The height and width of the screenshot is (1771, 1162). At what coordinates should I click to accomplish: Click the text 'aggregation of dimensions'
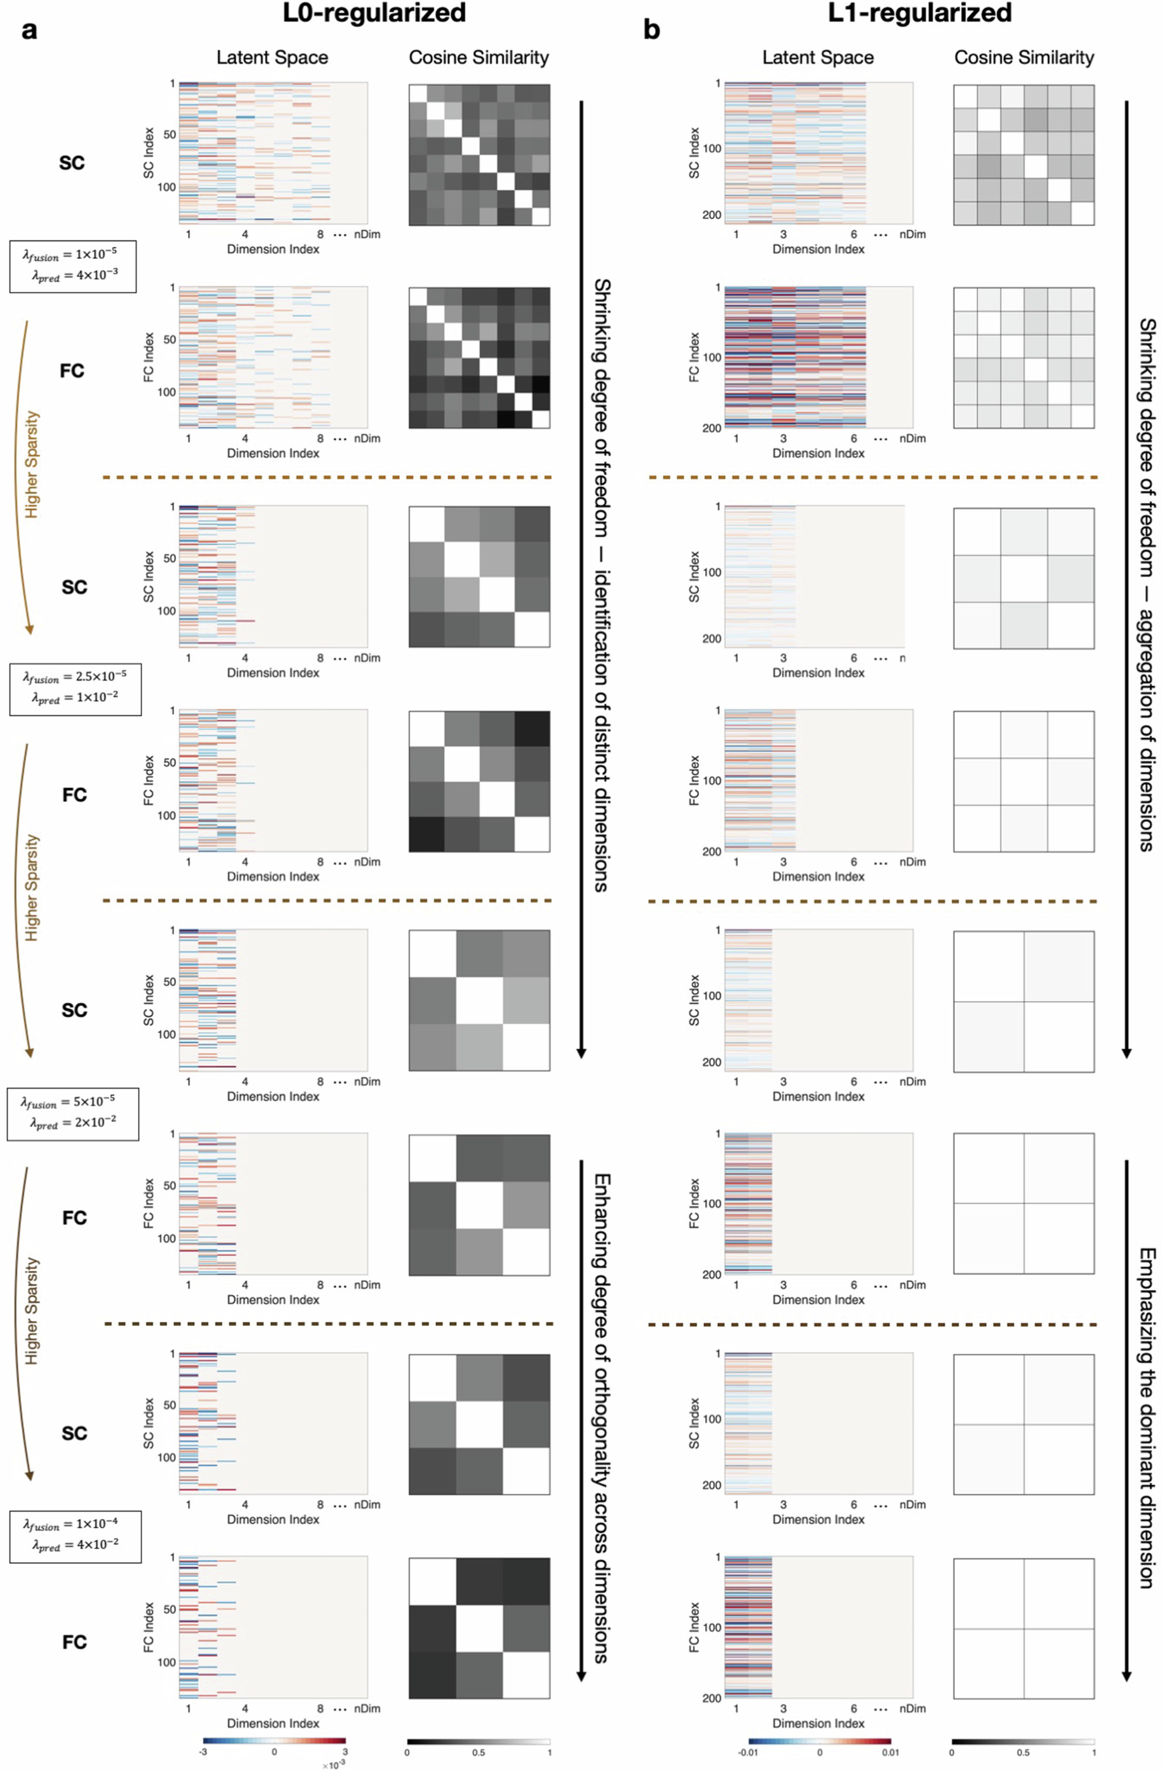[1146, 729]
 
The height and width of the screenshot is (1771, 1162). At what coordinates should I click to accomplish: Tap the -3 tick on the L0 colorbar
[203, 1753]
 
